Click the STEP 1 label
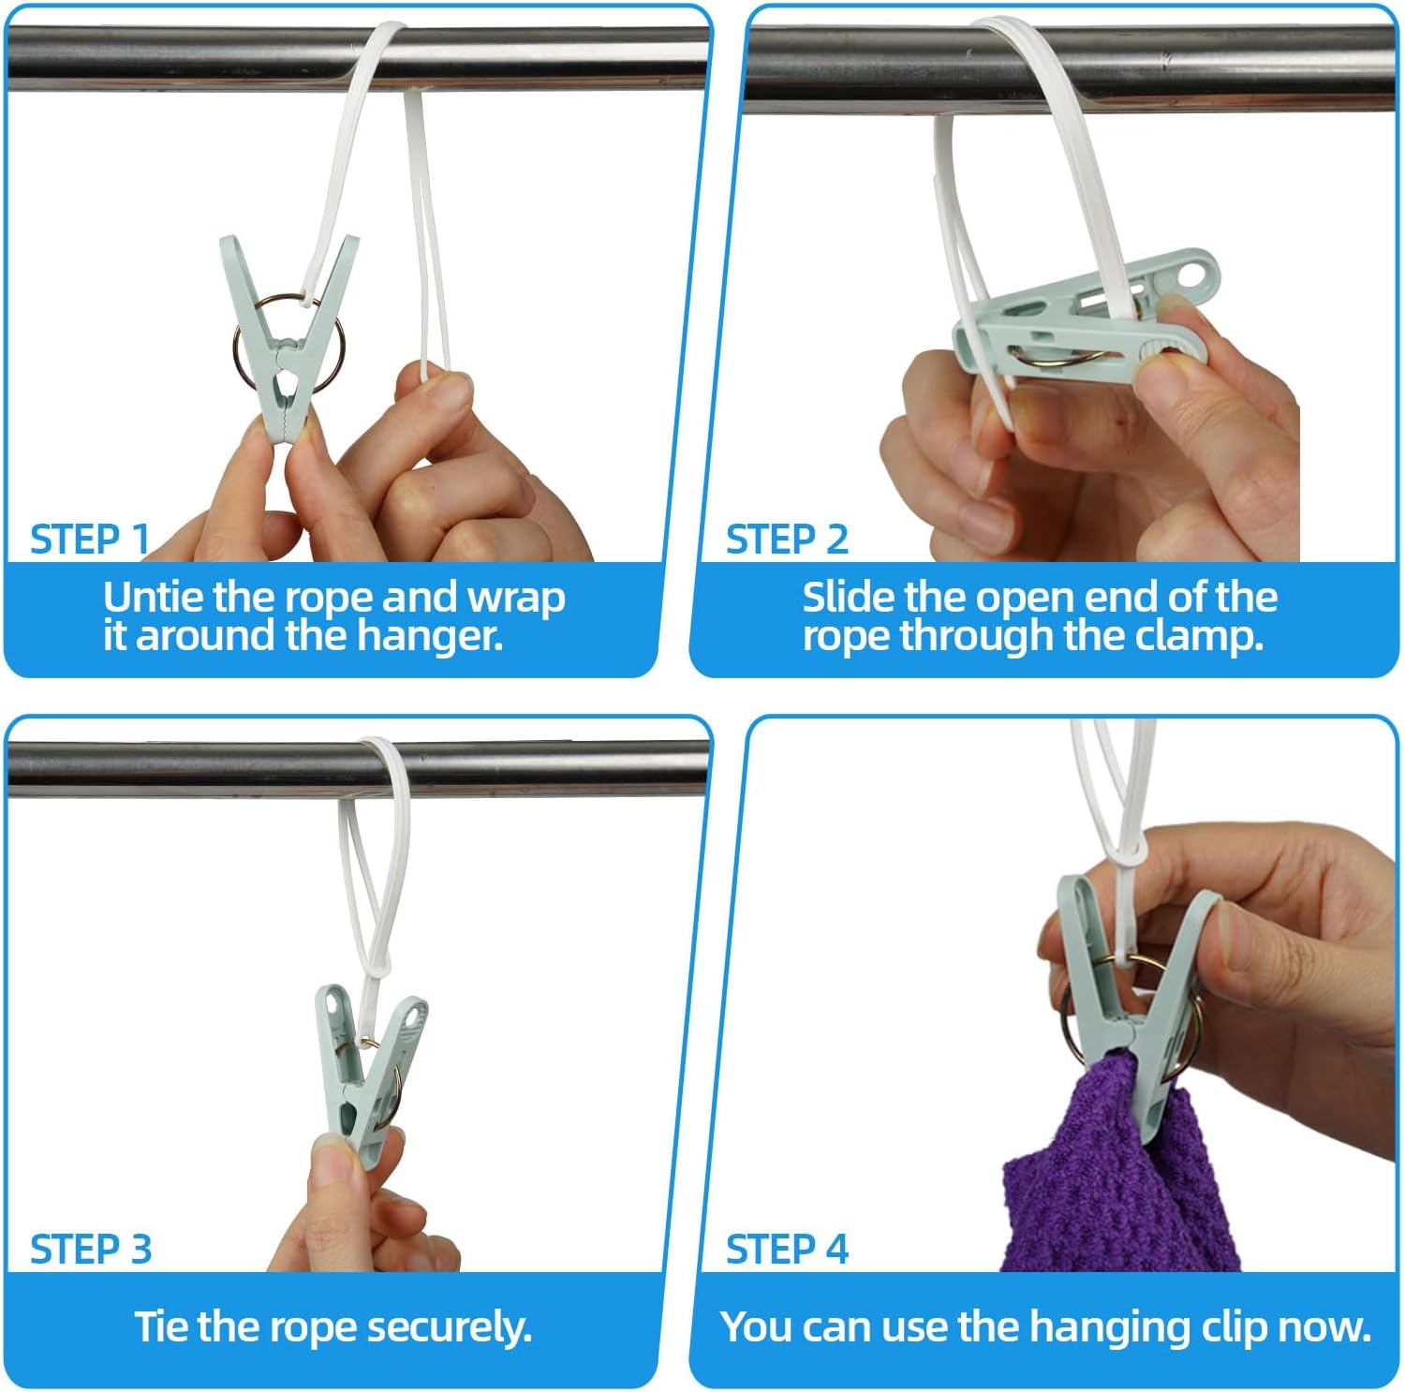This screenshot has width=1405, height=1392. click(90, 540)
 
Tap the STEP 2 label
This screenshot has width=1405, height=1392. click(787, 540)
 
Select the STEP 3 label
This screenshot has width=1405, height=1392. click(91, 1250)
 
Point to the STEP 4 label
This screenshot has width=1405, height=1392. click(787, 1250)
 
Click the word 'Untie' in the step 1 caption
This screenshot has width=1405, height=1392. click(153, 597)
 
